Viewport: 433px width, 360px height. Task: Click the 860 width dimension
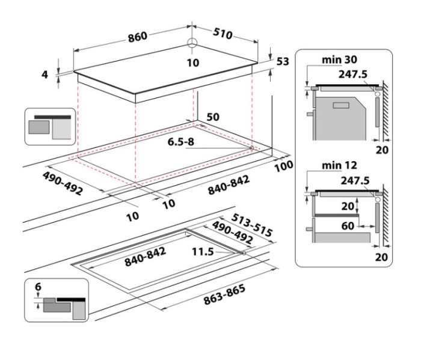[137, 37]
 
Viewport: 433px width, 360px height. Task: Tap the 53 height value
[283, 61]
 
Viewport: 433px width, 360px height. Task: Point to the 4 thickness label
[45, 75]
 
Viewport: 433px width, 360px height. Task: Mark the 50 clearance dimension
[213, 117]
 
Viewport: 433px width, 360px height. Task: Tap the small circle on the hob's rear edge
[192, 43]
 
